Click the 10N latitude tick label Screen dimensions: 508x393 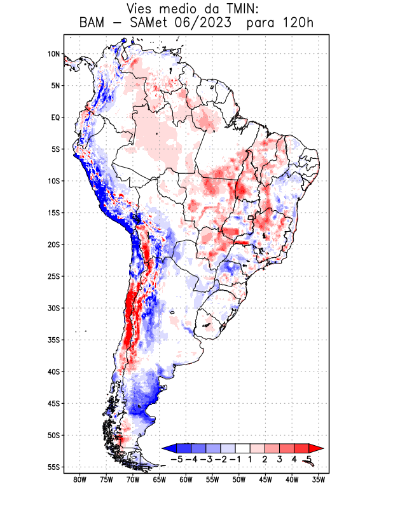53,54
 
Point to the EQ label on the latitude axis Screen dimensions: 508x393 55,117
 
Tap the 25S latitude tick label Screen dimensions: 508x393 53,276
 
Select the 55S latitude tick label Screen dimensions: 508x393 53,467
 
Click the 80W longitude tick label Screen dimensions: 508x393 80,479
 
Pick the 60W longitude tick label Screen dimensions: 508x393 186,479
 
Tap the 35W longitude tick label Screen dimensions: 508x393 319,479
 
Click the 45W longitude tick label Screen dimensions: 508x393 266,479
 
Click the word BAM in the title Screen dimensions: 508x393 93,23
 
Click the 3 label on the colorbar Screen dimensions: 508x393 279,459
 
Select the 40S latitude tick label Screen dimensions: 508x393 53,372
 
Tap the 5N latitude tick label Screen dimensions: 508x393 55,86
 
